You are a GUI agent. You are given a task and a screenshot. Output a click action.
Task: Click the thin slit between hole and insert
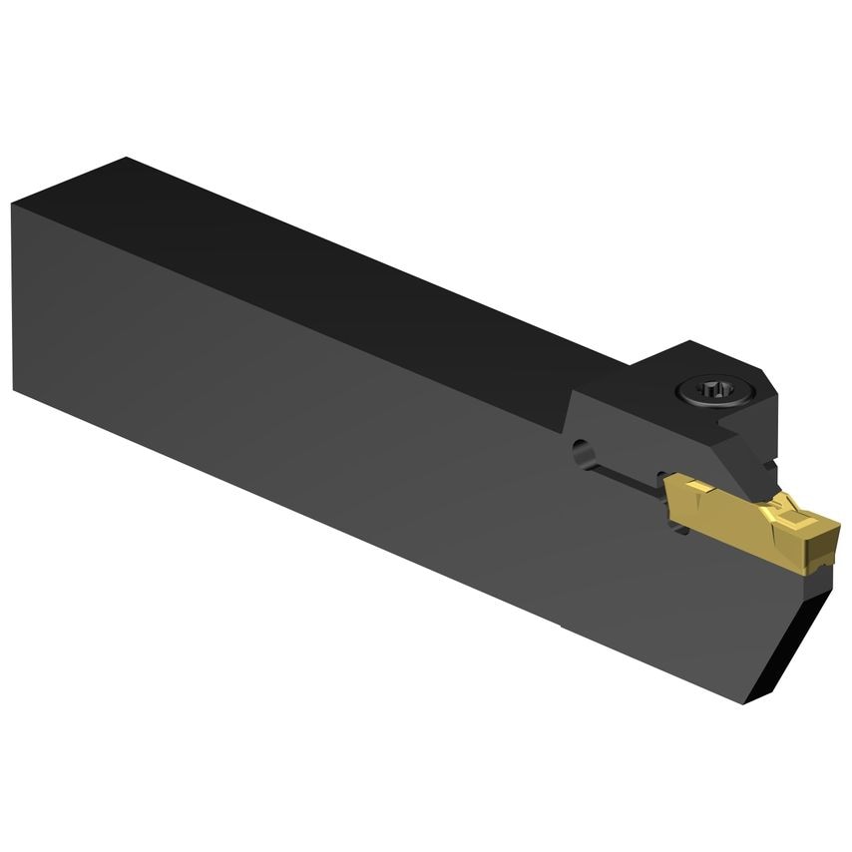(x=629, y=479)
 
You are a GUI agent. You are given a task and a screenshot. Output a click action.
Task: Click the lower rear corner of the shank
(x=14, y=390)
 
